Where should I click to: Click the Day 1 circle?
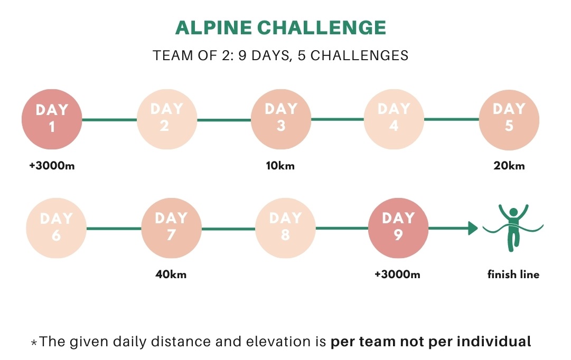point(52,119)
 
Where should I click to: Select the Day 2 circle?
point(167,119)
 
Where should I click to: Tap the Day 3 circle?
point(281,119)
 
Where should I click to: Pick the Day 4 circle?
point(394,119)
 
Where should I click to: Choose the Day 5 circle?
point(509,120)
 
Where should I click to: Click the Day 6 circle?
point(56,228)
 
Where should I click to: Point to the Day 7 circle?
point(171,228)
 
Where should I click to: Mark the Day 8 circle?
point(285,228)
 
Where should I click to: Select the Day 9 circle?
point(398,228)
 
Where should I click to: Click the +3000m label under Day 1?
point(52,166)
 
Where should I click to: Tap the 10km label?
point(280,166)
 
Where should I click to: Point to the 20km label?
point(509,166)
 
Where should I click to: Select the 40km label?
point(171,274)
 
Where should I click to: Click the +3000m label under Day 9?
point(397,274)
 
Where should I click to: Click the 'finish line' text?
point(513,274)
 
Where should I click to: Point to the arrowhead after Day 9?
point(473,228)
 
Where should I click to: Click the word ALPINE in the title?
point(213,27)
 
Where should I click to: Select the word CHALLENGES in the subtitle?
point(359,55)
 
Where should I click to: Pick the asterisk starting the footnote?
point(34,343)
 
